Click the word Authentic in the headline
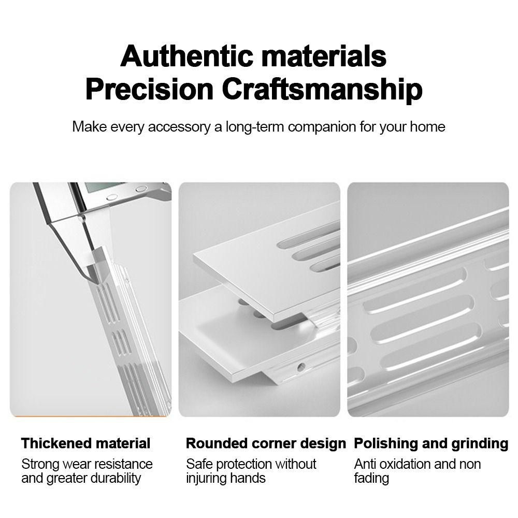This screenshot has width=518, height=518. pos(187,56)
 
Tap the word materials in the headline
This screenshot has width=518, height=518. pos(324,56)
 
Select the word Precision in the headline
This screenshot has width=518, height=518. pos(149,89)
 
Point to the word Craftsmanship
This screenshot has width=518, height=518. pos(322,90)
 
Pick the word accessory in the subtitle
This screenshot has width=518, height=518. pos(179,127)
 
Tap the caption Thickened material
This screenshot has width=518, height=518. pos(85,443)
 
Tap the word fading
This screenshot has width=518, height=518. pos(371,478)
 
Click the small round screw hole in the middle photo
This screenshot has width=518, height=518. pos(301,366)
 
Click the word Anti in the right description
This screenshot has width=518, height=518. pos(364,464)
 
